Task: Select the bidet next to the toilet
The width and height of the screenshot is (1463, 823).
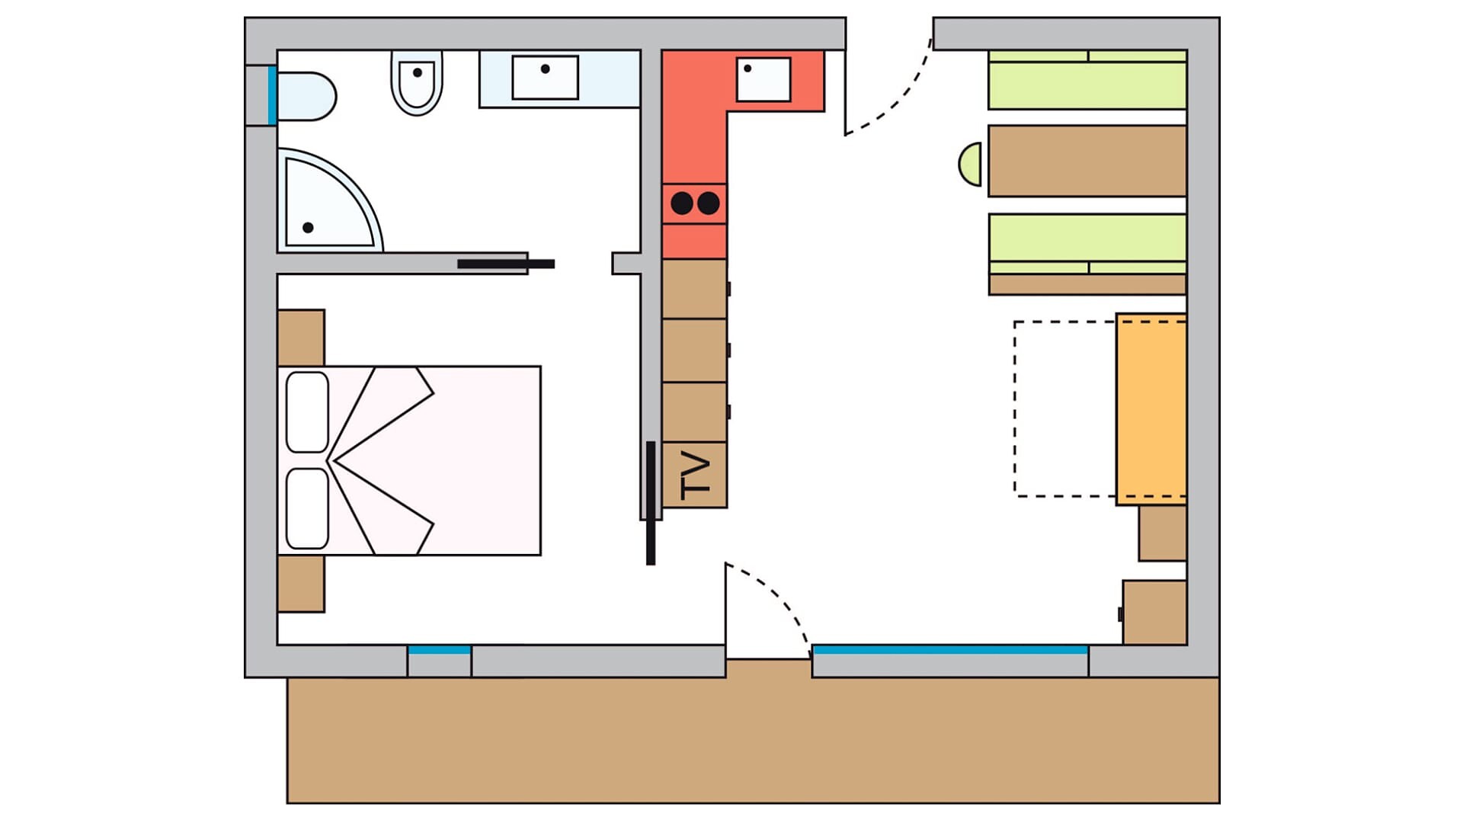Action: [x=417, y=82]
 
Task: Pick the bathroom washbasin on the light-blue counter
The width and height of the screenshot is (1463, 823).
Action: [x=545, y=77]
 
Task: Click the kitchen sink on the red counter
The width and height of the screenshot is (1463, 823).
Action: [x=763, y=79]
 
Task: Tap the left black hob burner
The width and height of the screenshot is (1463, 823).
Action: [x=682, y=203]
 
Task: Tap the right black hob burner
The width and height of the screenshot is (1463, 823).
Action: [x=709, y=203]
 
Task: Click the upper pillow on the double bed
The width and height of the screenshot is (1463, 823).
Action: [x=307, y=412]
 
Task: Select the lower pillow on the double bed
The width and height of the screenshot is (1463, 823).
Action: [x=307, y=508]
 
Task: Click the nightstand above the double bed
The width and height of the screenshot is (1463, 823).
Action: [x=301, y=338]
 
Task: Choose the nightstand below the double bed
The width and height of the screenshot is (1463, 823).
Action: [x=301, y=584]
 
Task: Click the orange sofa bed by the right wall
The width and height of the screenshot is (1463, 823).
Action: [x=1151, y=409]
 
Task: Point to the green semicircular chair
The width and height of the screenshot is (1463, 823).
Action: [x=970, y=164]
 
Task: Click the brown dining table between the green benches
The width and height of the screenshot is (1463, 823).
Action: [x=1087, y=161]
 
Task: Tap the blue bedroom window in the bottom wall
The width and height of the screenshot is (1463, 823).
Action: [x=439, y=650]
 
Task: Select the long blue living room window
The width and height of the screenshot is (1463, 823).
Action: [x=949, y=650]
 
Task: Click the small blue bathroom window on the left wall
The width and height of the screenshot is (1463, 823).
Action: [x=272, y=95]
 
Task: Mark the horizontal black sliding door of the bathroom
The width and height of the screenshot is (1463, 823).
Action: [x=506, y=264]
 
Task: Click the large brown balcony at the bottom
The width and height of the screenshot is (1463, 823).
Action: [x=753, y=739]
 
